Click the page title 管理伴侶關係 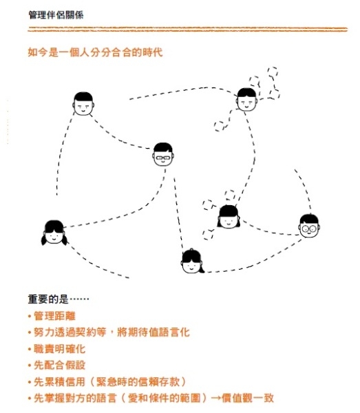(x=56, y=14)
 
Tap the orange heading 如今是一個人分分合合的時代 (x=95, y=52)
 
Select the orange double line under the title (x=187, y=29)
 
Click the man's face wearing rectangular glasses (x=163, y=154)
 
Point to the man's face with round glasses (x=309, y=226)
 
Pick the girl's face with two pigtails (x=54, y=233)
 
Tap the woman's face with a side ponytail (x=193, y=262)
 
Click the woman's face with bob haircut (x=229, y=217)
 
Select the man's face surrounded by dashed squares (x=246, y=100)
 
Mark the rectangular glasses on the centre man (x=163, y=158)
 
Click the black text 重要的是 (x=48, y=299)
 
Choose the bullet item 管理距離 (x=54, y=316)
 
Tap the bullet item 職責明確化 (x=59, y=349)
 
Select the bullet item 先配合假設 (x=59, y=366)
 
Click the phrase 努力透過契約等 (x=70, y=332)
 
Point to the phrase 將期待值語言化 (x=153, y=332)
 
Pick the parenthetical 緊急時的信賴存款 (x=138, y=382)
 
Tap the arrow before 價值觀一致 (x=215, y=398)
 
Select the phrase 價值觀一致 (x=248, y=398)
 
